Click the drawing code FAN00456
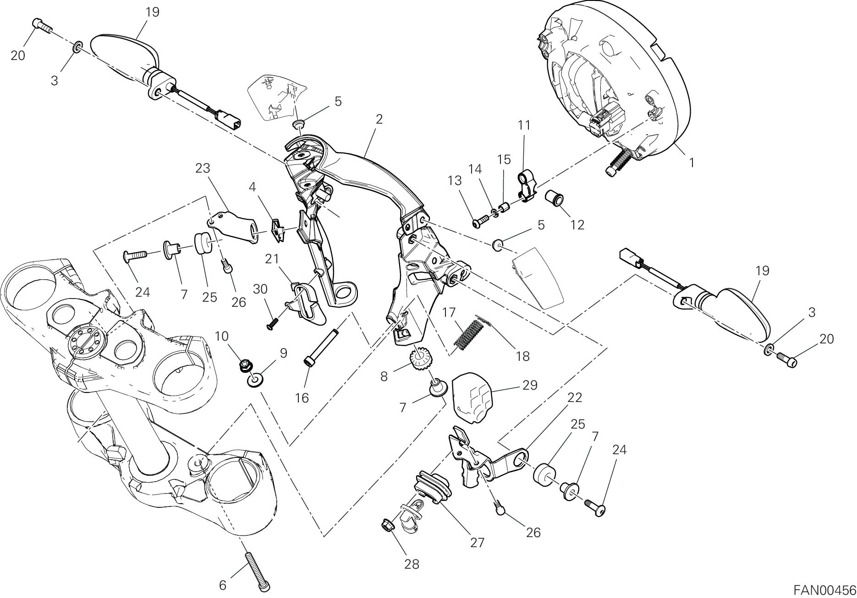click(x=824, y=589)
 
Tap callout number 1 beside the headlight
click(x=692, y=162)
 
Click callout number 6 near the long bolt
click(x=223, y=585)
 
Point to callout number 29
click(x=530, y=385)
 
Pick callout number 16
click(x=302, y=398)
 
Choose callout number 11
click(x=524, y=125)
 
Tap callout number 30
click(x=260, y=289)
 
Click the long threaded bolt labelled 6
click(x=258, y=570)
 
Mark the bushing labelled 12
click(x=554, y=199)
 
